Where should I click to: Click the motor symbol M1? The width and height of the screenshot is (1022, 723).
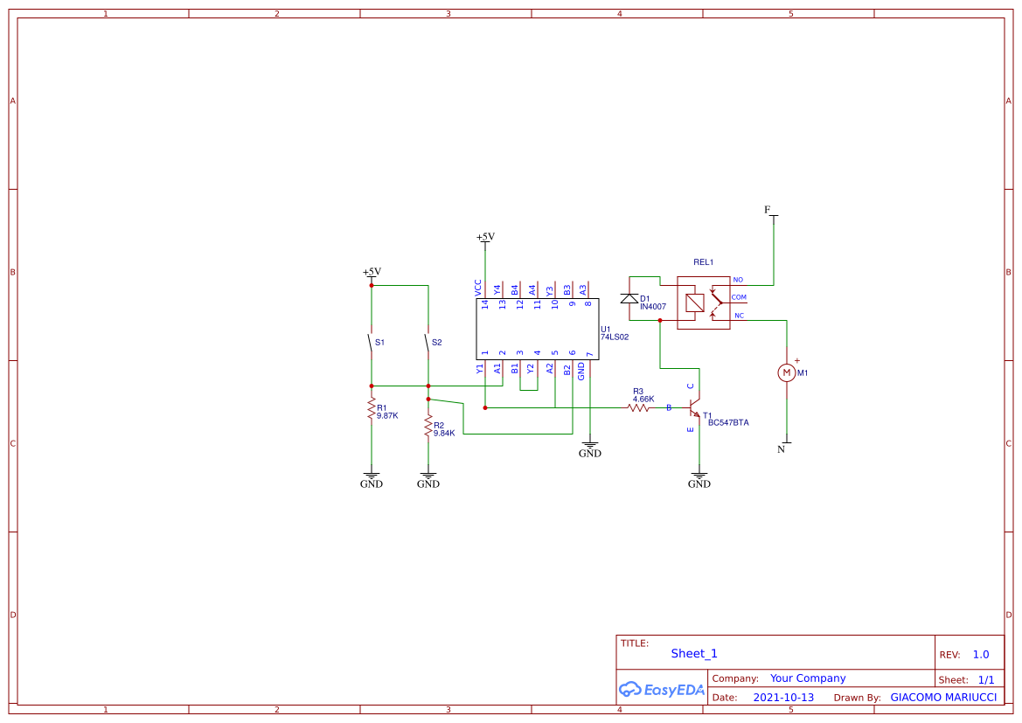[x=786, y=372]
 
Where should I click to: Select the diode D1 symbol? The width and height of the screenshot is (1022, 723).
[x=629, y=299]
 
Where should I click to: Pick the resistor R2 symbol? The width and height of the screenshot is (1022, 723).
[x=428, y=426]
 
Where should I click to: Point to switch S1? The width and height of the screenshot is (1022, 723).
[x=372, y=344]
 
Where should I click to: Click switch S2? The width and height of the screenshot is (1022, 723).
[x=428, y=344]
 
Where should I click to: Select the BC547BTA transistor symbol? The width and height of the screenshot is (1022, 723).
[x=694, y=408]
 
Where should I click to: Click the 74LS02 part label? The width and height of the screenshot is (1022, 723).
[x=615, y=337]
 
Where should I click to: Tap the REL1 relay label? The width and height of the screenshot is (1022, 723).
[x=703, y=262]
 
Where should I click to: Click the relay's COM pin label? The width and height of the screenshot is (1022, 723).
[x=739, y=297]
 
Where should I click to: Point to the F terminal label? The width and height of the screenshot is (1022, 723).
[x=768, y=210]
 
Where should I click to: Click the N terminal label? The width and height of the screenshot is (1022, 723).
[x=782, y=449]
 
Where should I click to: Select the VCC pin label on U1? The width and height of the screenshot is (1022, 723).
[x=478, y=287]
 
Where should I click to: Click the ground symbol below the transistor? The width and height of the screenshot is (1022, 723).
[x=699, y=481]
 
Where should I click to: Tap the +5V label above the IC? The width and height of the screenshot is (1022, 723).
[x=485, y=237]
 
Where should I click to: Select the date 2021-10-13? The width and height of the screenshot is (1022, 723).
[x=783, y=698]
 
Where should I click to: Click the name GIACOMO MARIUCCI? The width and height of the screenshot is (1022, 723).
[x=943, y=698]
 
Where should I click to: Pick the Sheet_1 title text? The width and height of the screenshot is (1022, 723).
[x=694, y=653]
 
